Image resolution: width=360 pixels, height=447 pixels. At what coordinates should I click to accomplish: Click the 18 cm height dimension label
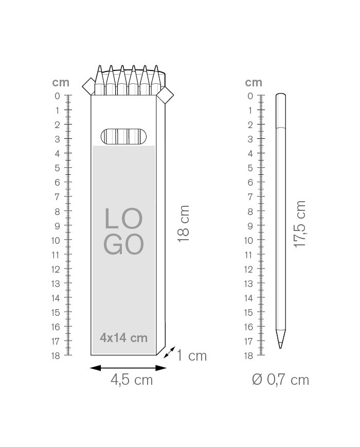pos(183,224)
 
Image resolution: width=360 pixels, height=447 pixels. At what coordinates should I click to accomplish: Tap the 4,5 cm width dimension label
pos(132,380)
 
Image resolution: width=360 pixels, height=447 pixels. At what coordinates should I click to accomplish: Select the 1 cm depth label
pos(191,355)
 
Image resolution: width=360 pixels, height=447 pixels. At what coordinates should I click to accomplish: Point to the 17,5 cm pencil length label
pos(300,224)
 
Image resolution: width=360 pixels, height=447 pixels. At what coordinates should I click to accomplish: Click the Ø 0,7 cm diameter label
pos(280,380)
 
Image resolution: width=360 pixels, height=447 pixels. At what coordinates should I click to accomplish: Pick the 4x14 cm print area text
pos(124,338)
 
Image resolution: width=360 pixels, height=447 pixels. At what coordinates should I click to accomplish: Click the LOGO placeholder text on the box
pos(123,231)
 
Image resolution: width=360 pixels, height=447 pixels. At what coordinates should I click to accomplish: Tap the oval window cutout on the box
pos(124,136)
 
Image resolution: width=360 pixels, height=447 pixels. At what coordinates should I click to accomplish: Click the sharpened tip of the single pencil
pos(280,348)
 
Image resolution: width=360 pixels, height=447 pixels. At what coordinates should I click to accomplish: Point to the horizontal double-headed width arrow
pos(128,368)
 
